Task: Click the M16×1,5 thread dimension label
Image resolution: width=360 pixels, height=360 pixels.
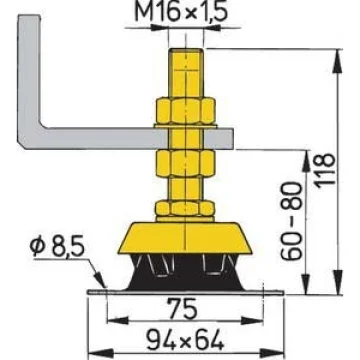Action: point(181,12)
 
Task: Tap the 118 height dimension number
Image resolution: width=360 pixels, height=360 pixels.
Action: point(325,170)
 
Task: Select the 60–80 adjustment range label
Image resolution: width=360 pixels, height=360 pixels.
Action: point(292,221)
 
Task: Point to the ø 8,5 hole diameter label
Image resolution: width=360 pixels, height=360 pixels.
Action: point(58,247)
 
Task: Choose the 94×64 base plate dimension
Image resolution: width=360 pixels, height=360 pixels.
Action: point(185,340)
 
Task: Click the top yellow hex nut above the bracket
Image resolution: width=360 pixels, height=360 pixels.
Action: point(186,110)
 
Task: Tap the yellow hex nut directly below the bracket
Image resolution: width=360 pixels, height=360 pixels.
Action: point(186,163)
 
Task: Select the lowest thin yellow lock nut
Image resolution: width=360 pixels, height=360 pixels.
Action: point(185,208)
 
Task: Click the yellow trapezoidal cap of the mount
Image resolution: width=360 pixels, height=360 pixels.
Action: point(185,238)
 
